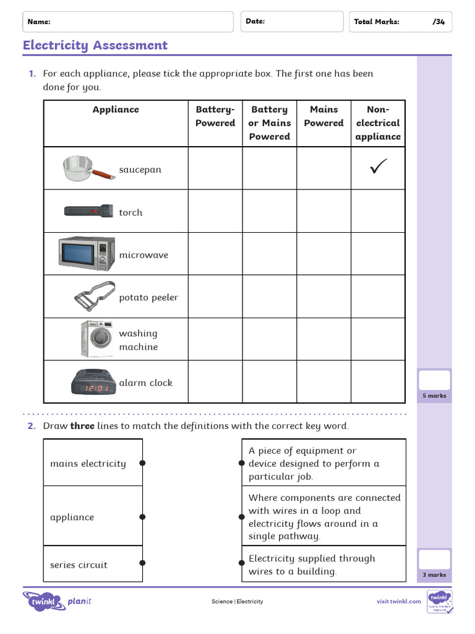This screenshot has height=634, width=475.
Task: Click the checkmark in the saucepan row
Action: pyautogui.click(x=378, y=167)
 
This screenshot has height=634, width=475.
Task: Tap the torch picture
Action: pyautogui.click(x=88, y=211)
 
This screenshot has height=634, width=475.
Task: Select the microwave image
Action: pyautogui.click(x=87, y=253)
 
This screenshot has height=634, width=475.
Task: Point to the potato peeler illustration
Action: pyautogui.click(x=95, y=296)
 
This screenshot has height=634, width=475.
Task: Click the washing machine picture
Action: pyautogui.click(x=96, y=338)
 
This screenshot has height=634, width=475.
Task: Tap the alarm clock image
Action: pyautogui.click(x=90, y=383)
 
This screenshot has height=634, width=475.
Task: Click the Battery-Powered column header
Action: pyautogui.click(x=215, y=116)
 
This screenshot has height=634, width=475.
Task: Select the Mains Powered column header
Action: pyautogui.click(x=323, y=116)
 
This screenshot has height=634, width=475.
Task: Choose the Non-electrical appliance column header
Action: pyautogui.click(x=378, y=123)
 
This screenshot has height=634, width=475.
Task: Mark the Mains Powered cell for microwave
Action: pyautogui.click(x=323, y=254)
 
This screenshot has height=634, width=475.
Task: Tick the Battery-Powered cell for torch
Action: pyautogui.click(x=215, y=211)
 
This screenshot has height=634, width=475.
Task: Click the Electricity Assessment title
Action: pyautogui.click(x=95, y=45)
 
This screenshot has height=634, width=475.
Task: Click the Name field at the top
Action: pyautogui.click(x=128, y=22)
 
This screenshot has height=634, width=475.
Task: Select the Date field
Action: pyautogui.click(x=291, y=22)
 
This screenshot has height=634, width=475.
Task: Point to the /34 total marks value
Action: pyautogui.click(x=439, y=22)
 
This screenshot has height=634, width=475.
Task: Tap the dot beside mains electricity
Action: pyautogui.click(x=142, y=463)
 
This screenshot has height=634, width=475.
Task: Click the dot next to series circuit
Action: pyautogui.click(x=142, y=563)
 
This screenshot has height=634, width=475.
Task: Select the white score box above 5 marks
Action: pyautogui.click(x=434, y=380)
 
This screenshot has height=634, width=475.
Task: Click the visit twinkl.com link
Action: pyautogui.click(x=399, y=601)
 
